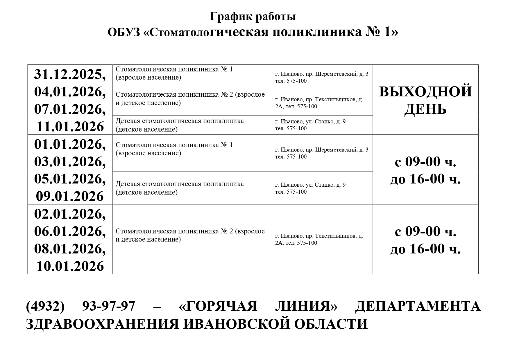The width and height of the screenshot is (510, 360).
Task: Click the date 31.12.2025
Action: point(70,74)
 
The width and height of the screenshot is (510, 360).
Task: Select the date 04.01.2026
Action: point(70,92)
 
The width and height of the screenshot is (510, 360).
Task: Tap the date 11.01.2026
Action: point(70,127)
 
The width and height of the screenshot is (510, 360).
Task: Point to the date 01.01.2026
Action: point(70,144)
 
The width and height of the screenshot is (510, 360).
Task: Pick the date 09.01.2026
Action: point(70,196)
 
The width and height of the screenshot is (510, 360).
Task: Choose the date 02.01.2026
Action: point(70,214)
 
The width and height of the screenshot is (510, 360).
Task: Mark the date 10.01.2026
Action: point(70,266)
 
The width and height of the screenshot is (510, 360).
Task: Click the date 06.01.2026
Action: point(70,231)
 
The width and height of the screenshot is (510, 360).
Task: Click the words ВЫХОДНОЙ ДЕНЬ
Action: point(425,100)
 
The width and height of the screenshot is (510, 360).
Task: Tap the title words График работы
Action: point(253,17)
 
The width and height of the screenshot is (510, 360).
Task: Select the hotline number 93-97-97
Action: point(109,306)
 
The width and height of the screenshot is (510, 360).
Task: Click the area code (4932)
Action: point(45,306)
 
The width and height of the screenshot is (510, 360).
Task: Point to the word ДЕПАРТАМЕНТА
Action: point(418,306)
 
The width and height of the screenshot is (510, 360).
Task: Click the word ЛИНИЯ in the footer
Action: point(306,306)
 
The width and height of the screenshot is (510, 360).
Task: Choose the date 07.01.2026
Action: point(70,109)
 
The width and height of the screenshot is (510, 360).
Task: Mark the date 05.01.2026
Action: point(70,179)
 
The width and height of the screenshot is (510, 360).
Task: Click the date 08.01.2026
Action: point(70,249)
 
